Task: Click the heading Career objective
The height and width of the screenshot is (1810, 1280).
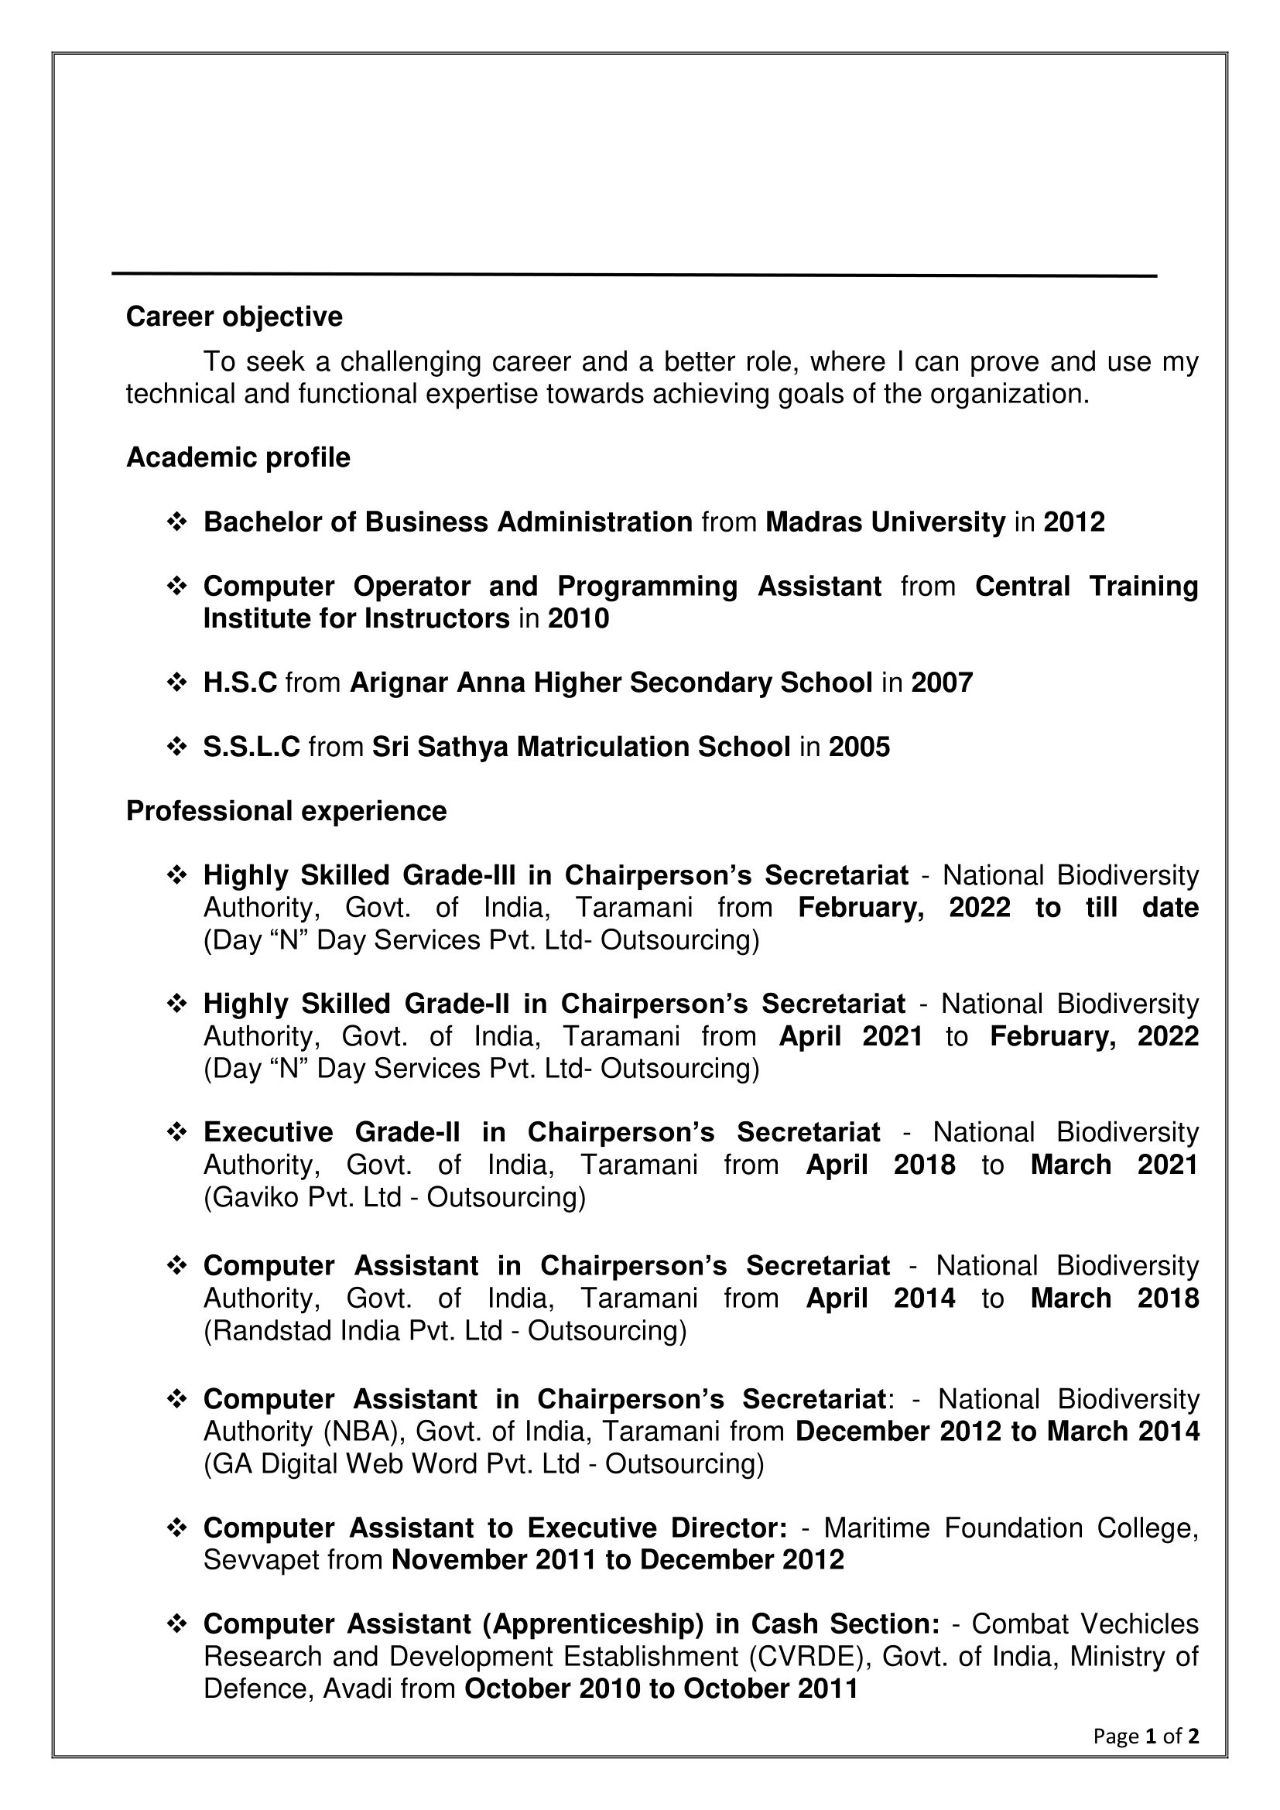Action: [x=234, y=317]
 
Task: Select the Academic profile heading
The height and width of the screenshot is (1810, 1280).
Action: [x=238, y=457]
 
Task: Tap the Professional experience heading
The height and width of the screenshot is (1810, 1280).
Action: [x=286, y=810]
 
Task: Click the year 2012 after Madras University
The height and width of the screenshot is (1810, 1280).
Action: [x=1073, y=522]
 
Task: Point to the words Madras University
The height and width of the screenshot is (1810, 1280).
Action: [x=885, y=522]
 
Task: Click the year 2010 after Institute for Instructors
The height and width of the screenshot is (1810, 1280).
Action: [x=579, y=619]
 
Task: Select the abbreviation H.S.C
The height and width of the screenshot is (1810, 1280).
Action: [x=240, y=682]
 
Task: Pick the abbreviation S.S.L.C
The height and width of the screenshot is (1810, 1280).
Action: [x=252, y=747]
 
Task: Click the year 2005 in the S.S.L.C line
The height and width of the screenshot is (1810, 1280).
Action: [x=859, y=747]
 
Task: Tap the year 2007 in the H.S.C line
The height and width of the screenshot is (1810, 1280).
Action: [x=942, y=682]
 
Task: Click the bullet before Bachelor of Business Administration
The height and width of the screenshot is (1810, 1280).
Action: [x=176, y=522]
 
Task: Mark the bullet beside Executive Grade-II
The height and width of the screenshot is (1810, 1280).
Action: [x=176, y=1133]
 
